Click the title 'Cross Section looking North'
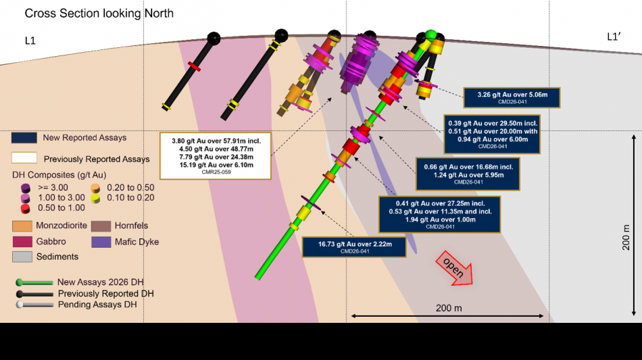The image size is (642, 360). [99, 13]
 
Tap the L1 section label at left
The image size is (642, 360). [30, 41]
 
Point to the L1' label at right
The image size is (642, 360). [614, 37]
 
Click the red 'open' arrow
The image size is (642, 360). [455, 268]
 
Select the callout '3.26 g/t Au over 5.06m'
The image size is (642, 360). [512, 97]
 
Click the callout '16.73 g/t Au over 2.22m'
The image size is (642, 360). [355, 247]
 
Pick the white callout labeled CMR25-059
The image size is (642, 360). [216, 156]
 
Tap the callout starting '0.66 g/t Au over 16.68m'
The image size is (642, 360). [468, 174]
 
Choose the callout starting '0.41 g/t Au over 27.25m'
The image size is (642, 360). [440, 215]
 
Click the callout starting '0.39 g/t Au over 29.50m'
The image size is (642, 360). [492, 134]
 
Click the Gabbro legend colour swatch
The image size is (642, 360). [22, 241]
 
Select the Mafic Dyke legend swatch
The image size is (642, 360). [101, 242]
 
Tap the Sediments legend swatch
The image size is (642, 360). [22, 257]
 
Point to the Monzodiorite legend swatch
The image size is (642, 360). [22, 226]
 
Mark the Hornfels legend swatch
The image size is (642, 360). [101, 226]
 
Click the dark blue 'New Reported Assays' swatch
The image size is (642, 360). [24, 138]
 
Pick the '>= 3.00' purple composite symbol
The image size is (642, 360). [26, 188]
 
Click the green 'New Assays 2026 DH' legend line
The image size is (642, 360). [34, 282]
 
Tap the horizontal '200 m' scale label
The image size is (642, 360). [448, 308]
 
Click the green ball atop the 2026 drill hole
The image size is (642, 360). [430, 34]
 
